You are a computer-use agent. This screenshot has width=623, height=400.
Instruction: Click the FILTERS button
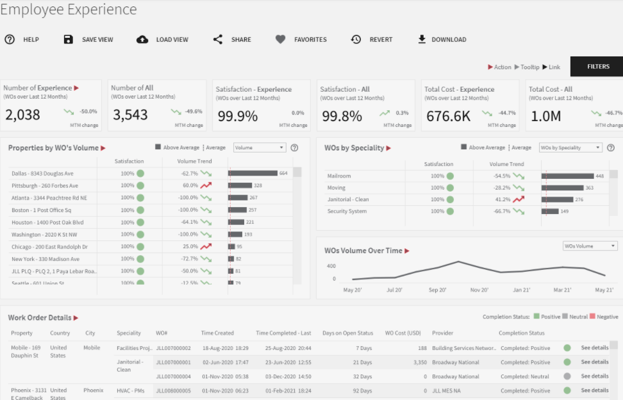598,67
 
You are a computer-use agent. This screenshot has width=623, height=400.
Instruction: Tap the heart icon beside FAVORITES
280,40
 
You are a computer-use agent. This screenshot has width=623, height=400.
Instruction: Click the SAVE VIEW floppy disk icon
69,40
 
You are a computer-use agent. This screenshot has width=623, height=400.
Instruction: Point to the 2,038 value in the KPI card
23,115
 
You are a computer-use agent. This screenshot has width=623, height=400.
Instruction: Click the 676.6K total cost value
447,116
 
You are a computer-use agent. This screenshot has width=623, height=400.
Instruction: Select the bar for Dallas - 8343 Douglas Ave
253,173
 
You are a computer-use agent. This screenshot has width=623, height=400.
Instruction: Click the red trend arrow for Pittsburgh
206,185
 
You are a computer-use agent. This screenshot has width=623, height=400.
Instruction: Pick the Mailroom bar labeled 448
567,176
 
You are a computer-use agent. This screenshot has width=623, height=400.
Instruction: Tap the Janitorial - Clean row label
348,199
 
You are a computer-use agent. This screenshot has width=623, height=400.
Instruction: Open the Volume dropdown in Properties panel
259,147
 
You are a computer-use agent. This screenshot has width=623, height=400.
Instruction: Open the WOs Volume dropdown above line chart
590,246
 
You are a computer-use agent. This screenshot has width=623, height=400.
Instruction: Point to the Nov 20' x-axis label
479,290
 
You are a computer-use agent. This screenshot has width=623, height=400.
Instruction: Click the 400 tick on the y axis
331,266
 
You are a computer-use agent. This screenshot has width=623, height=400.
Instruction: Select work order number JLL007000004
173,376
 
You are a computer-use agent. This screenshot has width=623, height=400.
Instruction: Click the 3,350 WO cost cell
420,362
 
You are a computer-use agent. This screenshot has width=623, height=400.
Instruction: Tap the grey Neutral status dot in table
567,376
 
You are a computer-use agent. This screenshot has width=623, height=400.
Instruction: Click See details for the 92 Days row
594,390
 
